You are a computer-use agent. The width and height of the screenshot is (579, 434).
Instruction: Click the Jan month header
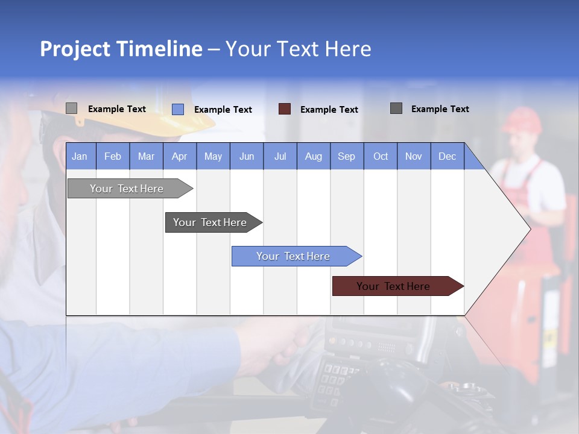click(x=80, y=156)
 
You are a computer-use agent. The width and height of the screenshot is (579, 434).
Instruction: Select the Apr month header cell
click(x=180, y=156)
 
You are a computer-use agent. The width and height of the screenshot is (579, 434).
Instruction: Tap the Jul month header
click(x=280, y=156)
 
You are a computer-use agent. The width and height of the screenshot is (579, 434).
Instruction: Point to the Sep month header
click(x=346, y=156)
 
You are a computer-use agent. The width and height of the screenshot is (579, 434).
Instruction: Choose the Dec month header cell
click(x=447, y=156)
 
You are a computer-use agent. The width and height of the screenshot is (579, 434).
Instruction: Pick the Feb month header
click(x=113, y=156)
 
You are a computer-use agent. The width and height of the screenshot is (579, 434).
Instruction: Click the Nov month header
click(x=414, y=156)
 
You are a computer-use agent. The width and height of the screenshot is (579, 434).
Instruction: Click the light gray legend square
click(x=72, y=108)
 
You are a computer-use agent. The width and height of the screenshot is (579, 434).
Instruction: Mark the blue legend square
click(x=178, y=109)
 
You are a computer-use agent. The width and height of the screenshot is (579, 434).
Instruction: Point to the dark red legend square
click(x=285, y=109)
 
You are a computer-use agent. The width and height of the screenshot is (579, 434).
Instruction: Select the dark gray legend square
click(x=396, y=108)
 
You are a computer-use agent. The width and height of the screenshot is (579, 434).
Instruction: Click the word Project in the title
click(x=75, y=49)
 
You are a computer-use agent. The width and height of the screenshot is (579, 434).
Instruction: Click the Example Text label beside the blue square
click(x=223, y=110)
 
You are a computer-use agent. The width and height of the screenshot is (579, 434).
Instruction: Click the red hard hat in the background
click(x=522, y=119)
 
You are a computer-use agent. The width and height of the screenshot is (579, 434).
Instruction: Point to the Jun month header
click(x=247, y=156)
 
